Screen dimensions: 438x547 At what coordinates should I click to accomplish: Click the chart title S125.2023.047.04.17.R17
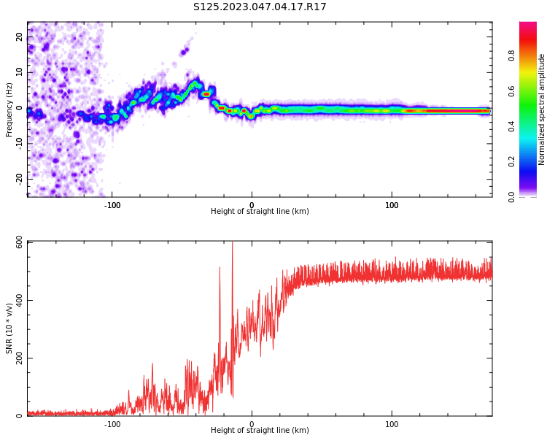(x=260, y=7)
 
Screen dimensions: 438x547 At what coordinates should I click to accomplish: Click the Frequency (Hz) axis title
(x=9, y=109)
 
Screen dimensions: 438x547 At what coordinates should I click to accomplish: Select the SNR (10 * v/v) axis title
(x=9, y=328)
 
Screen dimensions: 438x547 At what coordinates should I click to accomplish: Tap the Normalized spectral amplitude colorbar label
(x=542, y=109)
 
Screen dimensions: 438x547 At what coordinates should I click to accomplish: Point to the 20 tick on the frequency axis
(x=19, y=36)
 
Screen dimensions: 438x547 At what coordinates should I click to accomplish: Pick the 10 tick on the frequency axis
(x=19, y=72)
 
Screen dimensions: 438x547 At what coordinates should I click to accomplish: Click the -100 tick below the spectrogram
(x=112, y=205)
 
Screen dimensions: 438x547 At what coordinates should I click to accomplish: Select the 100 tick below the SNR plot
(x=392, y=424)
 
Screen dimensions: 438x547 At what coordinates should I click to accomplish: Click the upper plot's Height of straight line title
(x=260, y=212)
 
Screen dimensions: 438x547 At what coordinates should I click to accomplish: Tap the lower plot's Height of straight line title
(x=260, y=431)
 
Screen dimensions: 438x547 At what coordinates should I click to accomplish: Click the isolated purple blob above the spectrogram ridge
(x=185, y=51)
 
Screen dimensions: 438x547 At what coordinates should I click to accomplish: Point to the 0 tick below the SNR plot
(x=252, y=424)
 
